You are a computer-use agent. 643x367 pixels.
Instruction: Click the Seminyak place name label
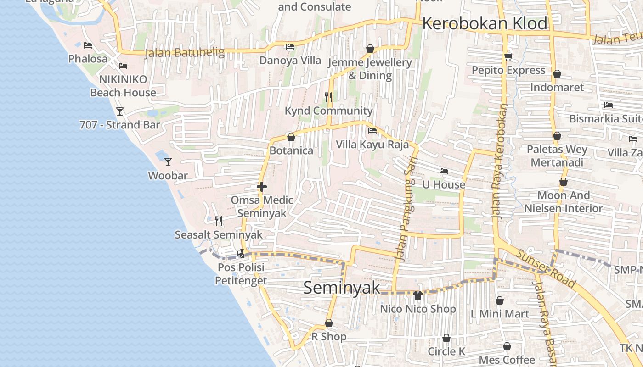(x=342, y=288)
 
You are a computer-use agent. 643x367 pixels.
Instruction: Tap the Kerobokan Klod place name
(x=485, y=23)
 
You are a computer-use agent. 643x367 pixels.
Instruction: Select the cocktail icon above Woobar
(x=168, y=161)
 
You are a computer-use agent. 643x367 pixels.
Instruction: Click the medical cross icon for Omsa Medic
(x=262, y=187)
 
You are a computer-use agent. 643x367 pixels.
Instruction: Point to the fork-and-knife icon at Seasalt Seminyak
(x=219, y=221)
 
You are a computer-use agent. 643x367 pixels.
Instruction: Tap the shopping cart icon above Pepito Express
(x=508, y=56)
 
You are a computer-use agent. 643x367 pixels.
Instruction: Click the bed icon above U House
(x=443, y=171)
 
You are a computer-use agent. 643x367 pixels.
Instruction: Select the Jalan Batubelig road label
(x=185, y=53)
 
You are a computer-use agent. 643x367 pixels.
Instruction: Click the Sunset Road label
(x=545, y=268)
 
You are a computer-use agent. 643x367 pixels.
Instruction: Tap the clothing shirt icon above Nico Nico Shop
(x=417, y=295)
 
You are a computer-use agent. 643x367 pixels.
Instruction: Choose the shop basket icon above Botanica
(x=291, y=137)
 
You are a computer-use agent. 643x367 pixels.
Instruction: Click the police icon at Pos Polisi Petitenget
(x=241, y=253)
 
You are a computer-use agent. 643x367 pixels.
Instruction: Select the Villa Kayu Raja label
(x=372, y=145)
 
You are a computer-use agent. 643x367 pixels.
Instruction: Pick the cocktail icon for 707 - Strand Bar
(x=120, y=111)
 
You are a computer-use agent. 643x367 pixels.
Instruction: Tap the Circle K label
(x=446, y=351)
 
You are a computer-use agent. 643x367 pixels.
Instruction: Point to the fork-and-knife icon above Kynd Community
(x=328, y=97)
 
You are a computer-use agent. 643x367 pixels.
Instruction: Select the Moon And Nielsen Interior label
(x=564, y=202)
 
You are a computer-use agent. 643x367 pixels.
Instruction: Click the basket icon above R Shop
(x=328, y=323)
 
